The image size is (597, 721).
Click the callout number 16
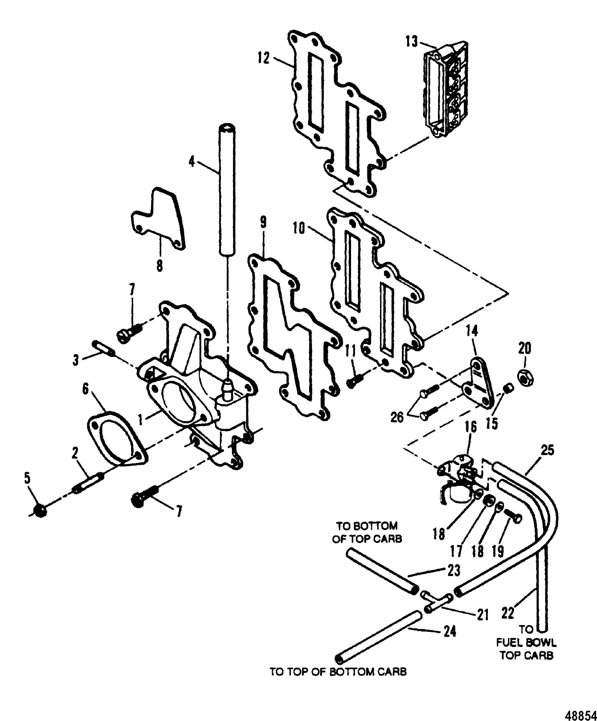tap(471, 427)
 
